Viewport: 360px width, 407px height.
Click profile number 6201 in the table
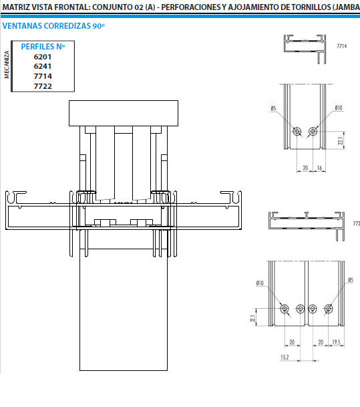pos(43,57)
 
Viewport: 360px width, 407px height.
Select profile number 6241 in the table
pos(43,66)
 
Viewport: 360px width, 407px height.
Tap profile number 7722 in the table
pos(43,86)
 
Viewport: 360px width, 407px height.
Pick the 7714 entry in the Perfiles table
pos(43,76)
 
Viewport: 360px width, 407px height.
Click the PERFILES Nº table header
pos(43,47)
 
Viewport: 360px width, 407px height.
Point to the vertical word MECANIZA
pos(7,65)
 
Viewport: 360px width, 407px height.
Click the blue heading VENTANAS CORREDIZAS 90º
pos(53,26)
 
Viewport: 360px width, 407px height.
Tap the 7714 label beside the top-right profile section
pos(341,46)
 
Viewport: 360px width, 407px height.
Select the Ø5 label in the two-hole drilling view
pos(273,108)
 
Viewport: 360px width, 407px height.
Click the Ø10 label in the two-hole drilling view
pos(339,108)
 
